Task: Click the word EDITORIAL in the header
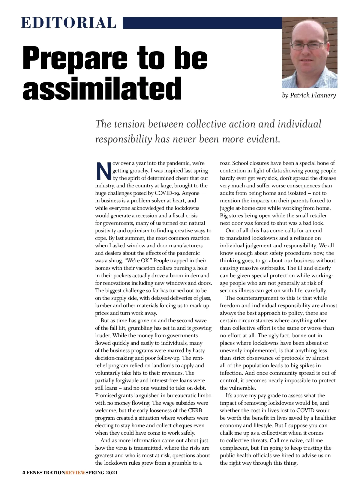69,23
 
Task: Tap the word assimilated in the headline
102,88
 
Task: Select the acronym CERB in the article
195,410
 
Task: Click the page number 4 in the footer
24,473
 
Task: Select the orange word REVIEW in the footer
75,473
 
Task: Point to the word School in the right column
241,163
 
